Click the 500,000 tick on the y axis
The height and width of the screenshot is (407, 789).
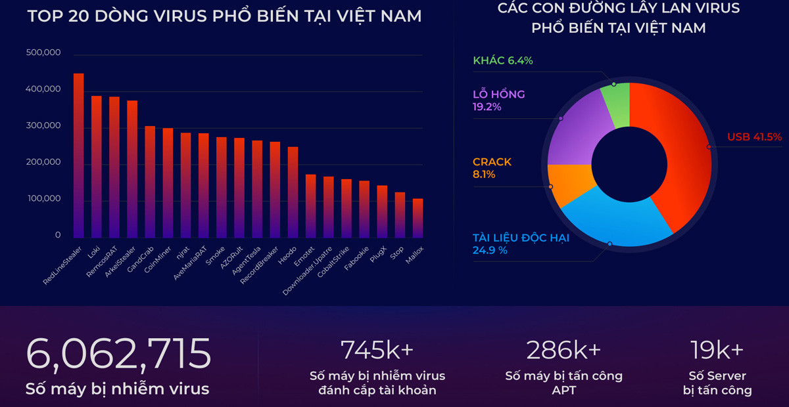pyautogui.click(x=43, y=53)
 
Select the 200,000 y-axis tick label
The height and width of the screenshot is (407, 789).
pyautogui.click(x=43, y=162)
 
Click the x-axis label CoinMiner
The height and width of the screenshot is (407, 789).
pyautogui.click(x=158, y=262)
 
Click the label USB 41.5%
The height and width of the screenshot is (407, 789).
pyautogui.click(x=754, y=137)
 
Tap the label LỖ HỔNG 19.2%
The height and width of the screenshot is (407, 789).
pyautogui.click(x=498, y=100)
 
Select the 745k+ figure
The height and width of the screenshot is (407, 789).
pyautogui.click(x=377, y=350)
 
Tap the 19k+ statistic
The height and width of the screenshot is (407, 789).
pyautogui.click(x=717, y=350)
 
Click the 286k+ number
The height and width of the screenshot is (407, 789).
pyautogui.click(x=563, y=350)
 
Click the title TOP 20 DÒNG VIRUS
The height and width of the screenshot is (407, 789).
pyautogui.click(x=224, y=16)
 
